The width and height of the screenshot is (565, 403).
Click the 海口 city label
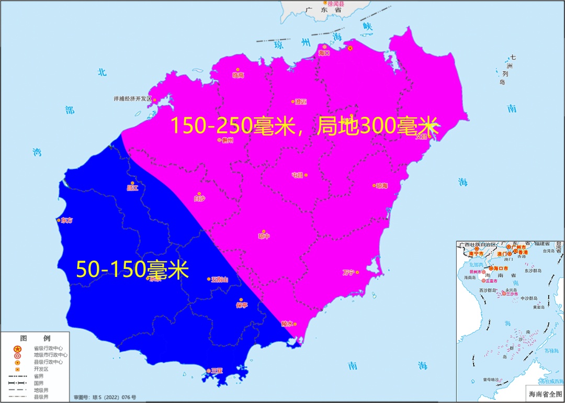(x=324, y=53)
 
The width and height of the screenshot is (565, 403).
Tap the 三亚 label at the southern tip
(x=217, y=371)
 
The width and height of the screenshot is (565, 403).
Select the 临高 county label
(x=238, y=75)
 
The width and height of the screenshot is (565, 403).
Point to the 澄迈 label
(x=300, y=102)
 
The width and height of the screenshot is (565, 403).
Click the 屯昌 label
(x=297, y=175)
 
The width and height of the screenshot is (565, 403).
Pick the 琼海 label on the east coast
(x=382, y=186)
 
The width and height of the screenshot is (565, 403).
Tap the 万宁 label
(x=348, y=272)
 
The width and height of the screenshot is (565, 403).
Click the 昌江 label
(x=132, y=188)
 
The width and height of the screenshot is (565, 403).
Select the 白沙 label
(x=199, y=198)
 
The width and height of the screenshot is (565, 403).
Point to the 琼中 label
(x=264, y=236)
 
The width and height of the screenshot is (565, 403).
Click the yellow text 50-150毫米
(x=132, y=269)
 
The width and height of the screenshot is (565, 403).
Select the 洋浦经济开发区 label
(x=132, y=98)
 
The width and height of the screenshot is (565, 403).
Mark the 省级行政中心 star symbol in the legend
(x=17, y=349)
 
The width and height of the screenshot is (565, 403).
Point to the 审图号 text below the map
(x=105, y=397)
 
